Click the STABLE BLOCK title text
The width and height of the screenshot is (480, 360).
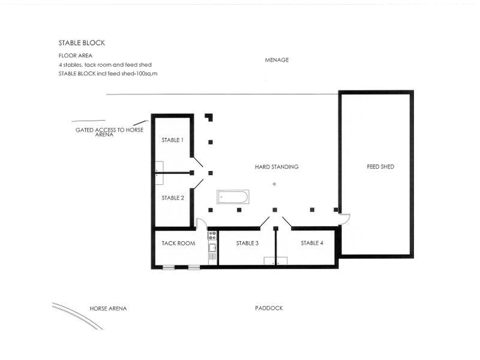(x=82, y=43)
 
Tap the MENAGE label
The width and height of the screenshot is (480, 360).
(x=277, y=60)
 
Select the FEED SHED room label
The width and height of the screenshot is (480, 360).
(x=380, y=166)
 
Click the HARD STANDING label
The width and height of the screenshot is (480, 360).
(x=276, y=167)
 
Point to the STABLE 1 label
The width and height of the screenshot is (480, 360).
(x=172, y=140)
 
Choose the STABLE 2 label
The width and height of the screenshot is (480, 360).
(x=172, y=197)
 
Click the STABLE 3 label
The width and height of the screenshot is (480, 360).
(x=247, y=243)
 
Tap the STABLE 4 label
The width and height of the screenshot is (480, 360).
(x=312, y=243)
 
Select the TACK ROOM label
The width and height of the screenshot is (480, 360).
(x=179, y=243)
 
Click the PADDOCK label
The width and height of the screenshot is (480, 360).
(x=268, y=308)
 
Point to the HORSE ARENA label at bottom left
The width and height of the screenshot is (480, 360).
(x=108, y=308)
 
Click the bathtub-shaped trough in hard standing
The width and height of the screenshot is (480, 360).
(x=233, y=197)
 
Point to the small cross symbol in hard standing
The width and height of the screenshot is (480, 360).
(x=274, y=184)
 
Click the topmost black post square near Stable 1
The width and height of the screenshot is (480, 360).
(x=208, y=116)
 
